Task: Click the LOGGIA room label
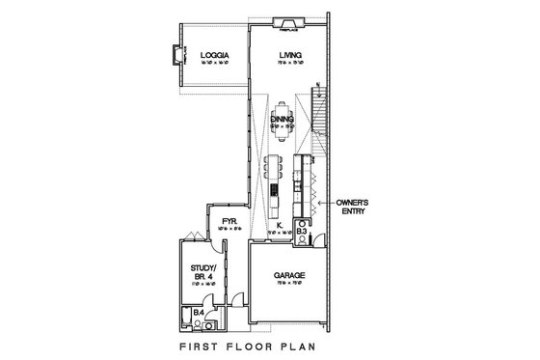click(x=213, y=56)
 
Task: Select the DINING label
click(x=282, y=119)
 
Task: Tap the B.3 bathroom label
click(x=301, y=233)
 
